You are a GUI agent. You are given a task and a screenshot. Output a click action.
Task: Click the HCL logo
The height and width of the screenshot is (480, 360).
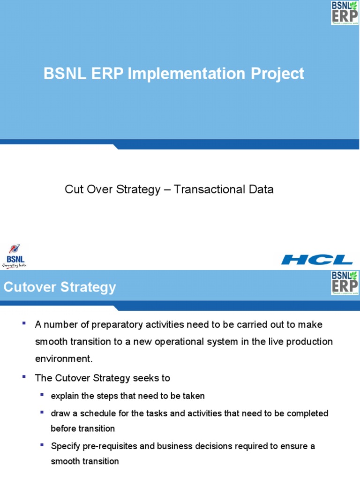point(317,259)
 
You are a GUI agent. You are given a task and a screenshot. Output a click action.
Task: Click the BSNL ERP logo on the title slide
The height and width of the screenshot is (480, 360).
point(345,12)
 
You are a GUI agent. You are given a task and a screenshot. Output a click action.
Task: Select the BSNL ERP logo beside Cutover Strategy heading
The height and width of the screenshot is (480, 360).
point(345,283)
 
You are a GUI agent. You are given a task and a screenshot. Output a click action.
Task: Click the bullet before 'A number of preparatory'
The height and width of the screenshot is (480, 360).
point(24,323)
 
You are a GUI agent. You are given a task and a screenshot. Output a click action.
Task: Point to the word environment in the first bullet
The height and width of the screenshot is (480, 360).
point(63,359)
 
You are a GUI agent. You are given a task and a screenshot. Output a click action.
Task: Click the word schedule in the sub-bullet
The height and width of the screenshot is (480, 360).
point(99,413)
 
